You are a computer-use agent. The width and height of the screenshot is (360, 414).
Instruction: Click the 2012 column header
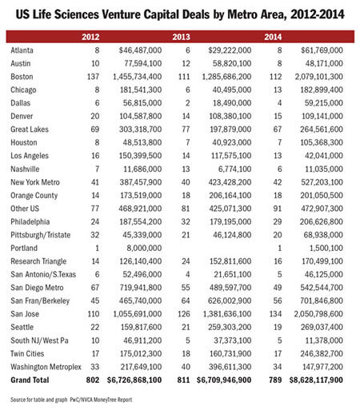[x=90, y=37]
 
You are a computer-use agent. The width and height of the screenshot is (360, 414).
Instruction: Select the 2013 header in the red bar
[x=181, y=37]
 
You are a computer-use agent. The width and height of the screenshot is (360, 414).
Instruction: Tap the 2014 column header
[x=273, y=37]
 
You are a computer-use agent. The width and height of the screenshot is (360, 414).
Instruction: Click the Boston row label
[x=22, y=77]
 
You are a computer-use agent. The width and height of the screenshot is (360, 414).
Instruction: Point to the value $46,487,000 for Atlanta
[x=140, y=50]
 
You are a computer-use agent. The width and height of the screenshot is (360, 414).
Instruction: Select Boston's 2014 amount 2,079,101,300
[x=318, y=77]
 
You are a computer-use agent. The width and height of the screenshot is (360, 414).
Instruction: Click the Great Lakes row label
[x=30, y=129]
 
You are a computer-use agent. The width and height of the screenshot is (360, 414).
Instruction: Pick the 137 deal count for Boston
[x=93, y=77]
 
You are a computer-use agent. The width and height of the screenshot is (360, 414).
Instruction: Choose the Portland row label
[x=24, y=248]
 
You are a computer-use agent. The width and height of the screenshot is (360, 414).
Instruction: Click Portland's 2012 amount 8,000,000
[x=144, y=248]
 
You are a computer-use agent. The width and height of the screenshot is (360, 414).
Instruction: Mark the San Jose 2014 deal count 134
[x=275, y=314]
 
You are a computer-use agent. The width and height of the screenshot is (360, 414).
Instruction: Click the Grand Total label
[x=30, y=380]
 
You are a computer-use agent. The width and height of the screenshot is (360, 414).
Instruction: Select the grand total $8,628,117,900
[x=316, y=380]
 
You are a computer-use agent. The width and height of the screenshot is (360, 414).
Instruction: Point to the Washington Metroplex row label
[x=46, y=367]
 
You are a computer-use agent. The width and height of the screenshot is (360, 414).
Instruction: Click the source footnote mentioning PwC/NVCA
[x=71, y=400]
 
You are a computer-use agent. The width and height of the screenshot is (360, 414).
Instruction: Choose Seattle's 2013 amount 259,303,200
[x=230, y=327]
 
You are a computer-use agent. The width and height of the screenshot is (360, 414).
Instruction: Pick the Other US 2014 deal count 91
[x=278, y=209]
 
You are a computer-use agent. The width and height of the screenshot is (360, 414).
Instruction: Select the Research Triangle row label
[x=38, y=261]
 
